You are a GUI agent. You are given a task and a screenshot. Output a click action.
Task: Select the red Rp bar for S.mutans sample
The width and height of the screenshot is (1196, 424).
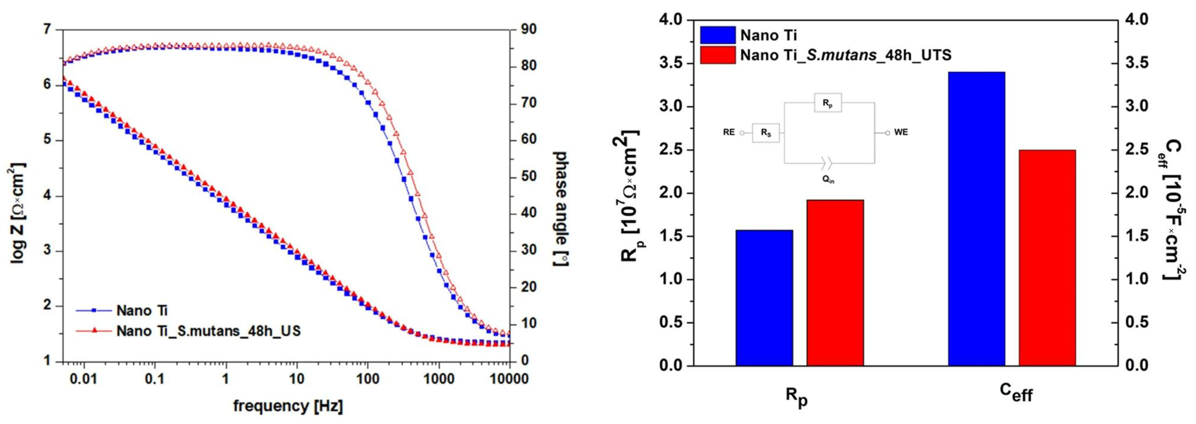click(x=835, y=283)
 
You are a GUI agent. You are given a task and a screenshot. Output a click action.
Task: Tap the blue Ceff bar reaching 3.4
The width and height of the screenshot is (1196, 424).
click(x=976, y=218)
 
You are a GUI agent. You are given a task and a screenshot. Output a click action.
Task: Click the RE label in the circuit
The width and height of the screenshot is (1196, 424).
click(x=728, y=132)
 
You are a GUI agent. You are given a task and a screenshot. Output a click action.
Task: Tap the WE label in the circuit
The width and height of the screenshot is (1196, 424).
click(x=901, y=132)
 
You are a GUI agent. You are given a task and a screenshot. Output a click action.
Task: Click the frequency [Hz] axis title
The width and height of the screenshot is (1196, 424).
click(x=288, y=406)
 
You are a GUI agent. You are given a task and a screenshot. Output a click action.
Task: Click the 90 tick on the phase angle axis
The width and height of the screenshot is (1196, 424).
click(x=527, y=29)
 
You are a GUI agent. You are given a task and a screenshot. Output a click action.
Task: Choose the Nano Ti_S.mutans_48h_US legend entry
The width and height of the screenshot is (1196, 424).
click(x=208, y=331)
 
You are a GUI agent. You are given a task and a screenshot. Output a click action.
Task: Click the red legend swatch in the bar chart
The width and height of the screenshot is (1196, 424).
click(x=717, y=55)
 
